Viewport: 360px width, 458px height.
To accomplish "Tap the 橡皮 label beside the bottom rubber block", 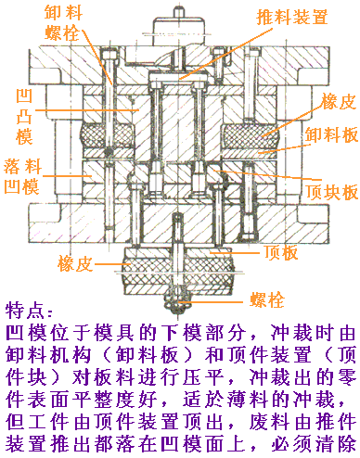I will point(75,262).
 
